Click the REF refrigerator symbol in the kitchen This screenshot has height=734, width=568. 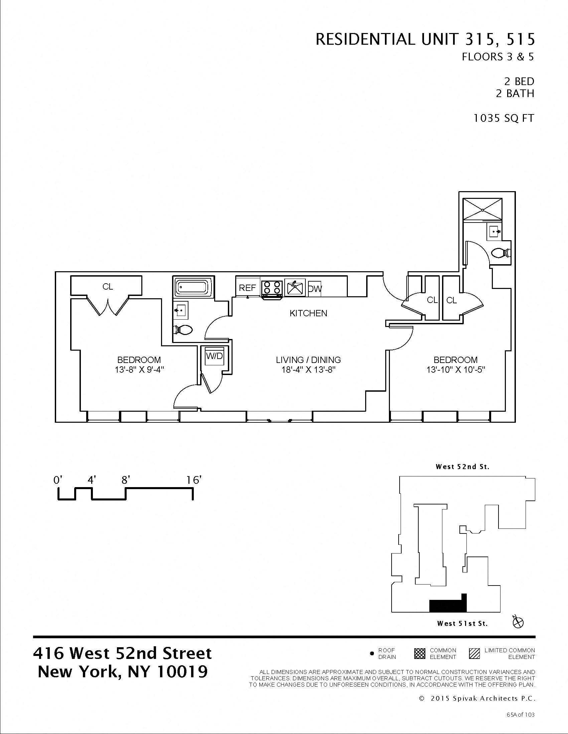point(248,288)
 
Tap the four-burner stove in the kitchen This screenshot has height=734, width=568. point(272,288)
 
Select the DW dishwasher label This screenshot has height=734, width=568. point(315,288)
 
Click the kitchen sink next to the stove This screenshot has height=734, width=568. point(294,288)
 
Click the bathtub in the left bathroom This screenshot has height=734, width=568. point(193,287)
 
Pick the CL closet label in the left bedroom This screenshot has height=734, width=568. point(108,287)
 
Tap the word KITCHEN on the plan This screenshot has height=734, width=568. point(308,313)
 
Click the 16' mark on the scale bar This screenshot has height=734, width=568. point(193,480)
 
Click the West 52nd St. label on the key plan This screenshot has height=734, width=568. point(462,466)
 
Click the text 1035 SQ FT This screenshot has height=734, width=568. point(504,118)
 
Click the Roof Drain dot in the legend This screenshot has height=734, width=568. point(372,654)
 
